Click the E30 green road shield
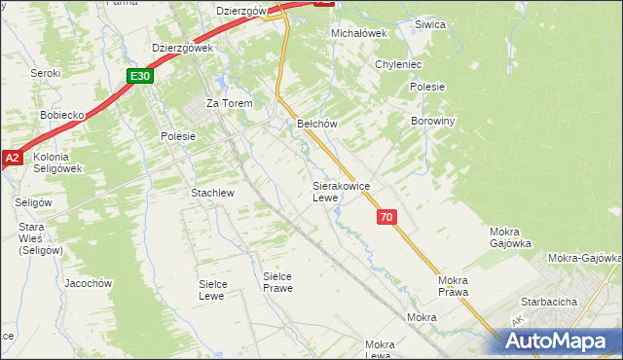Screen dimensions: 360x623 pyautogui.click(x=139, y=75)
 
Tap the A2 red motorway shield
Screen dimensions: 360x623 pyautogui.click(x=11, y=158)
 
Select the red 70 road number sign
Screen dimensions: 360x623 pyautogui.click(x=386, y=218)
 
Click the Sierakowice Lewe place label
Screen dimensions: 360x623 pyautogui.click(x=339, y=191)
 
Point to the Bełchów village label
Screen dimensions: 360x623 pyautogui.click(x=316, y=124)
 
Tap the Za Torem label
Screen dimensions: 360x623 pyautogui.click(x=229, y=103)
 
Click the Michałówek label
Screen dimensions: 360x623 pyautogui.click(x=359, y=32)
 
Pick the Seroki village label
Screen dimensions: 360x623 pyautogui.click(x=45, y=73)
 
